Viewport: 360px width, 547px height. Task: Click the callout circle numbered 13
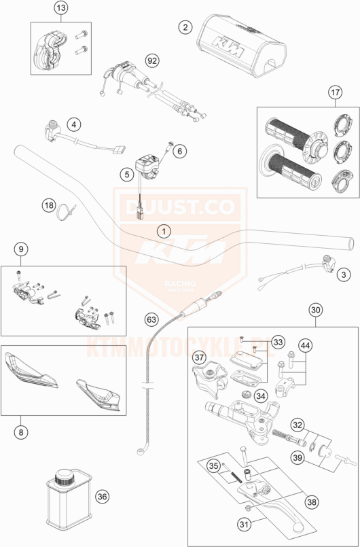point(60,9)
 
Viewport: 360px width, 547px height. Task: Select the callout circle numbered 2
point(183,27)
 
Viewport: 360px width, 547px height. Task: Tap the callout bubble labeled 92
point(152,60)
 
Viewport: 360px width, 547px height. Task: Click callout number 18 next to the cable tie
point(48,205)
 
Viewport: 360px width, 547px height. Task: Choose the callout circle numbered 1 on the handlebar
point(163,231)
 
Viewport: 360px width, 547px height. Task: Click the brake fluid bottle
point(66,504)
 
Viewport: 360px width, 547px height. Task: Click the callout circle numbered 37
point(199,357)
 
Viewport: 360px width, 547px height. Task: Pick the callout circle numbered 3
point(344,274)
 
